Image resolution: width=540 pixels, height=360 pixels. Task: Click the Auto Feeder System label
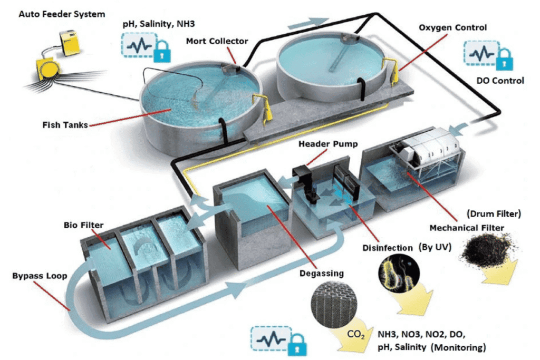tap(61, 13)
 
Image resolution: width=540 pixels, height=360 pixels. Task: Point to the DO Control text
tap(500, 81)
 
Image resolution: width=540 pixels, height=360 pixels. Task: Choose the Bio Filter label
tap(82, 226)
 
